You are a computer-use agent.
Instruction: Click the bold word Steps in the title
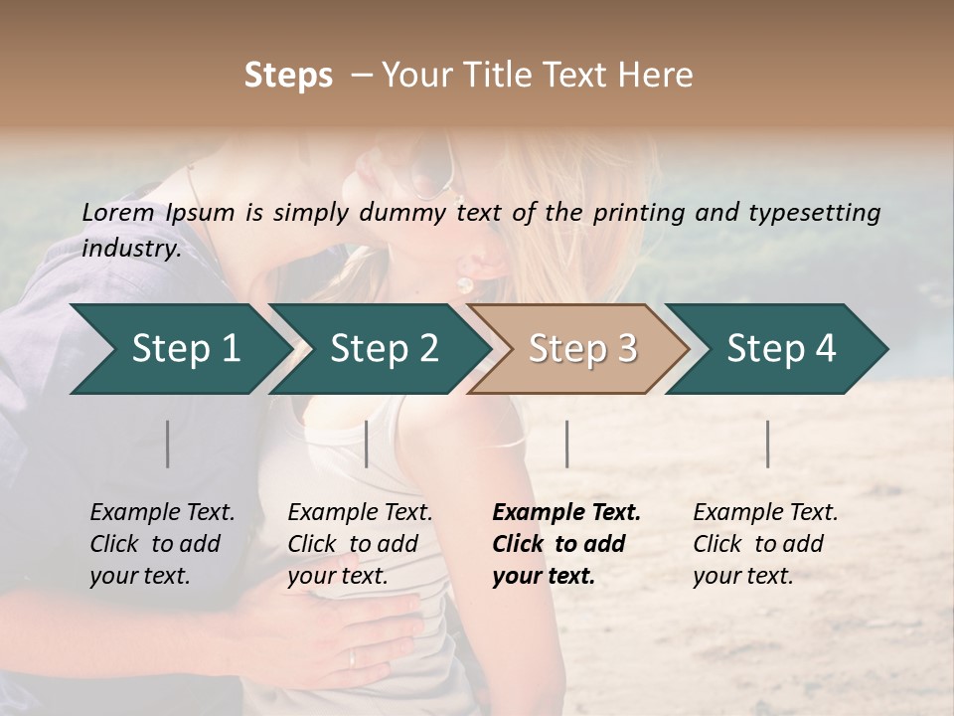tap(288, 76)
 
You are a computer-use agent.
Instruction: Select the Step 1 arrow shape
tap(179, 349)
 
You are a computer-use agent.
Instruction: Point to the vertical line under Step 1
tap(168, 444)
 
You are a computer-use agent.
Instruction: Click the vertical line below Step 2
tap(367, 444)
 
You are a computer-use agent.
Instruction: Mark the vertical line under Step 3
tap(567, 444)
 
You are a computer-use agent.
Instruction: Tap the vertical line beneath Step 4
tap(768, 444)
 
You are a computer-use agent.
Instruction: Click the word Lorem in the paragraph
tap(117, 213)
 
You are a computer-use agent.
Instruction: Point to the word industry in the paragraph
tap(130, 248)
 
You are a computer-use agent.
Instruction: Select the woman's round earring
tap(464, 285)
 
